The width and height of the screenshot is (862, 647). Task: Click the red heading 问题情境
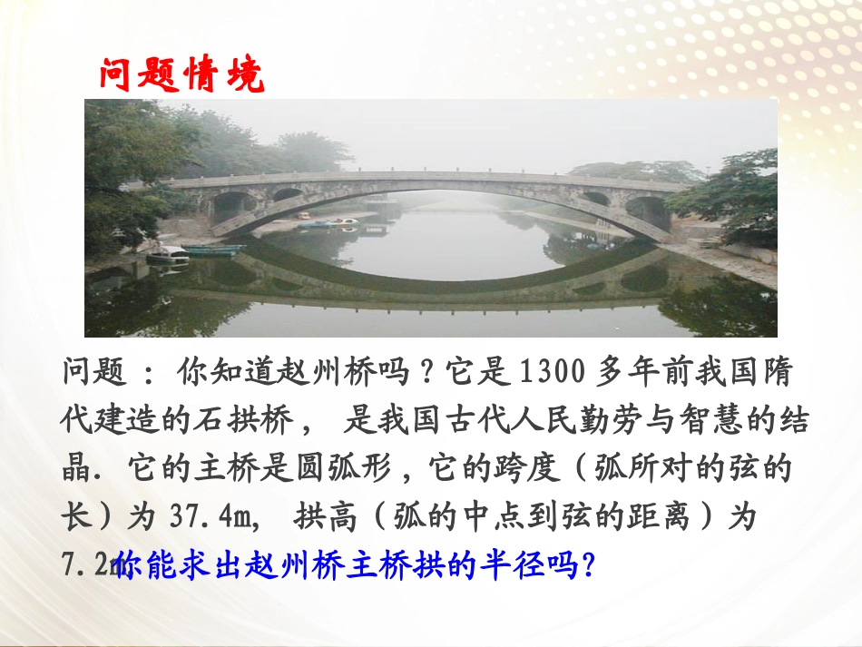coord(181,74)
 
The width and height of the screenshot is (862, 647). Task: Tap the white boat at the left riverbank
coord(169,255)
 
